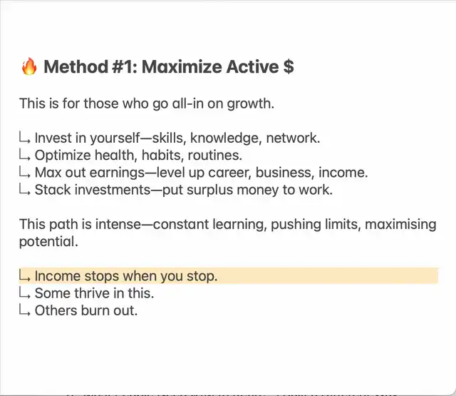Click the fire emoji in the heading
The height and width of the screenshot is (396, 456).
point(29,66)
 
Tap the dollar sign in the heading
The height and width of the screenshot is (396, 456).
point(288,66)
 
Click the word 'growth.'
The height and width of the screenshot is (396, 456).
point(250,104)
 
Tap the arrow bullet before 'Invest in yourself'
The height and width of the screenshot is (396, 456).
point(24,138)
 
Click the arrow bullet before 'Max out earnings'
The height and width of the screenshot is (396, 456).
point(24,172)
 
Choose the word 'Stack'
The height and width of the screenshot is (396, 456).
point(53,190)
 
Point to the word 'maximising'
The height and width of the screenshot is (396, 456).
point(400,225)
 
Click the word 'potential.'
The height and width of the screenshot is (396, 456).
point(48,242)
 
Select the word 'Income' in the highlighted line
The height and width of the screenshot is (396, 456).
point(57,275)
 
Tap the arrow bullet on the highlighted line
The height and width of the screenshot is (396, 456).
point(24,275)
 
